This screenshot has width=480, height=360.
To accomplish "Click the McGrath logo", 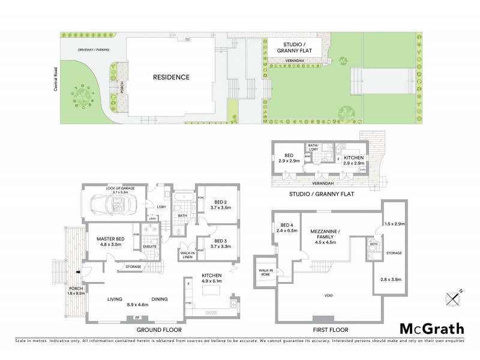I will tap(431, 328).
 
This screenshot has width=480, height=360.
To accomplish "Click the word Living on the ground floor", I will tap(115, 299).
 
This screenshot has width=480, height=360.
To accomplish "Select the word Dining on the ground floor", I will tap(158, 299).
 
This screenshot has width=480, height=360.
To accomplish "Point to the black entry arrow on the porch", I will tap(78, 272).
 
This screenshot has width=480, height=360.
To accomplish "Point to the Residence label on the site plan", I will tap(171, 77).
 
